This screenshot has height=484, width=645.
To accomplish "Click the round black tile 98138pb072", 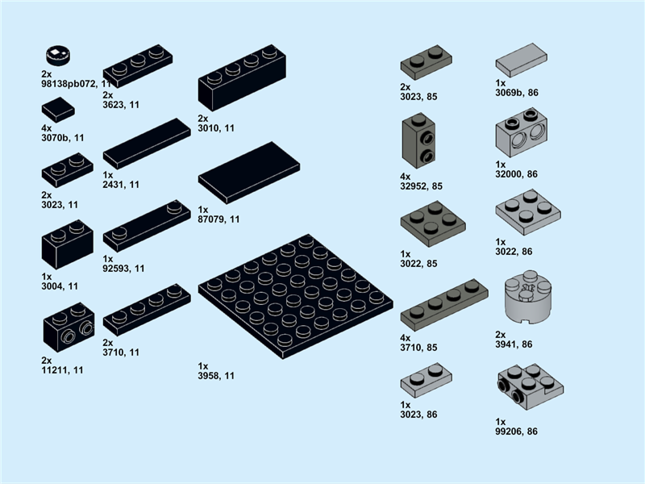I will click(x=57, y=55).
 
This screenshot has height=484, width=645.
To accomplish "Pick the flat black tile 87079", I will click(x=249, y=172).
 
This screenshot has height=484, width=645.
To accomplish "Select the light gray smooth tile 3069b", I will click(x=521, y=60).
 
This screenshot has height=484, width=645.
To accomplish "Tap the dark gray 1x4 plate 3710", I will click(x=444, y=303).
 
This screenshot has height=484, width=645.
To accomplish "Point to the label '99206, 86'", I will click(x=516, y=432).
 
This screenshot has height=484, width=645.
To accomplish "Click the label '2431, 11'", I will click(x=121, y=185).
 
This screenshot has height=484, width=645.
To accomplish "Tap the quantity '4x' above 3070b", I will click(x=47, y=128).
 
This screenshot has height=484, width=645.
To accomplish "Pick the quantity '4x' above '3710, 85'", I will click(x=406, y=338).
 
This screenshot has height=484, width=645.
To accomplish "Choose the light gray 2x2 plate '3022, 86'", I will click(x=527, y=211).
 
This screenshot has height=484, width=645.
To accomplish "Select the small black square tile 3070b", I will click(x=58, y=109).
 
